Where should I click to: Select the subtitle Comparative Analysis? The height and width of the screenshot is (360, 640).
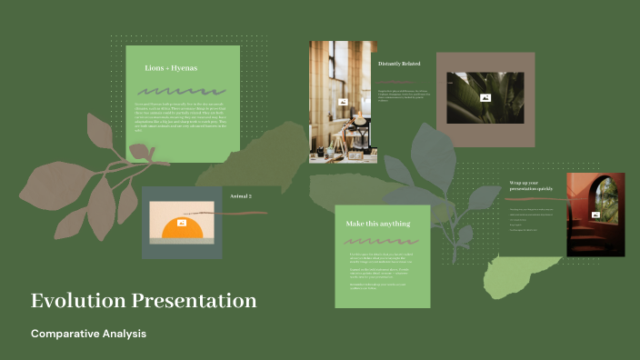(88, 334)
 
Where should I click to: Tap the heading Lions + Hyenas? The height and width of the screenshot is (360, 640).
(171, 68)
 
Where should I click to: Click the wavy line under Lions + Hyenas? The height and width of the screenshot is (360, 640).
(182, 91)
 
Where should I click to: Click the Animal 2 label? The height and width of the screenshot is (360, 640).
(241, 196)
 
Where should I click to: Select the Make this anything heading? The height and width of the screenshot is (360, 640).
(377, 224)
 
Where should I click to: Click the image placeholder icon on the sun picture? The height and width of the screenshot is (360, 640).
(183, 222)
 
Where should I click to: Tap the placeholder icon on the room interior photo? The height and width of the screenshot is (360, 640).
(343, 102)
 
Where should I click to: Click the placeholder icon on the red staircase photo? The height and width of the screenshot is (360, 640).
(595, 215)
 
